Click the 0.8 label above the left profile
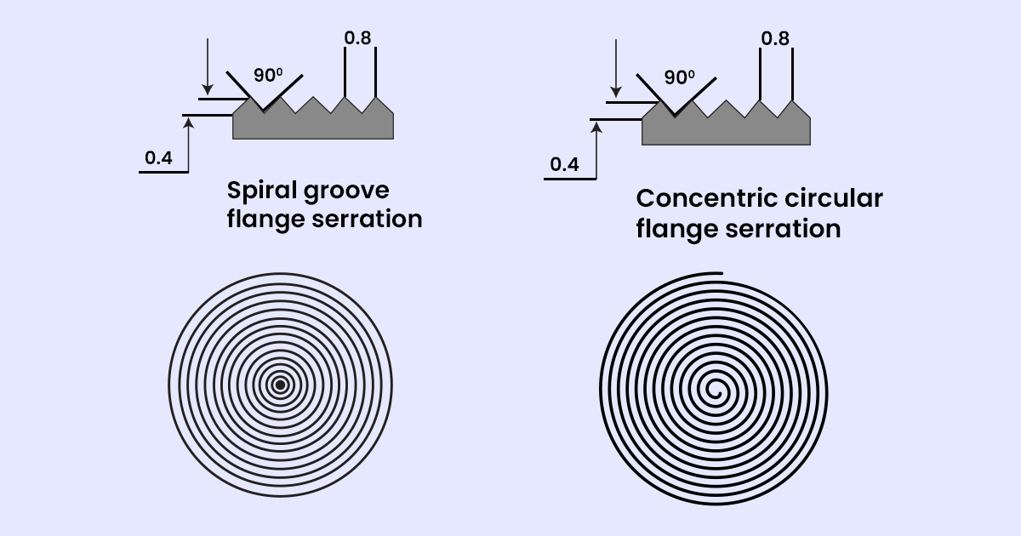click(358, 37)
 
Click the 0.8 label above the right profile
click(774, 38)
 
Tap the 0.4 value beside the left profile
click(159, 157)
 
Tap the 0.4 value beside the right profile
click(564, 164)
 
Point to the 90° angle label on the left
click(268, 75)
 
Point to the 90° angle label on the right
click(679, 77)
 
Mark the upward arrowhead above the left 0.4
click(189, 124)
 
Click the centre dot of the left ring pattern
click(280, 385)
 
